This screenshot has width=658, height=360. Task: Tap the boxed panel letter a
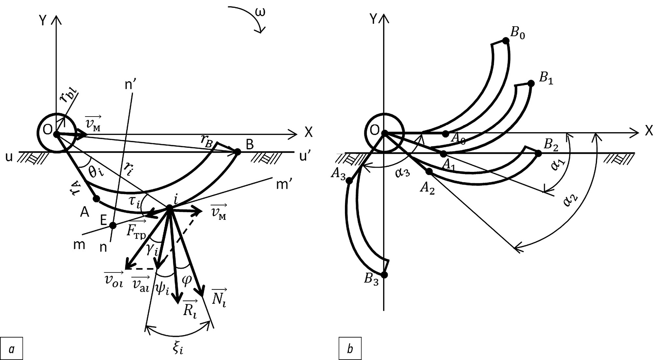tap(12, 349)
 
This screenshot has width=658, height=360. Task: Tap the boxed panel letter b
tap(350, 349)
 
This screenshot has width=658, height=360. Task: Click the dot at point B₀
tap(506, 41)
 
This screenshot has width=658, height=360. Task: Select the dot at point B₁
tap(531, 83)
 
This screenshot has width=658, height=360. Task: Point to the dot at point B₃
tap(384, 275)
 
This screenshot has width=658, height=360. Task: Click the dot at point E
tap(113, 225)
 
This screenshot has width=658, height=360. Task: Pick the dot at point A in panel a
tap(96, 199)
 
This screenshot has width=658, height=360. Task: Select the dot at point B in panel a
tap(237, 152)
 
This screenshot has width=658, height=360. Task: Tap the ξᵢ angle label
tap(178, 349)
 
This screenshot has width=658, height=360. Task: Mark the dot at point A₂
tap(429, 171)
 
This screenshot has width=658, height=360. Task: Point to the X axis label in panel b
tap(649, 131)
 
